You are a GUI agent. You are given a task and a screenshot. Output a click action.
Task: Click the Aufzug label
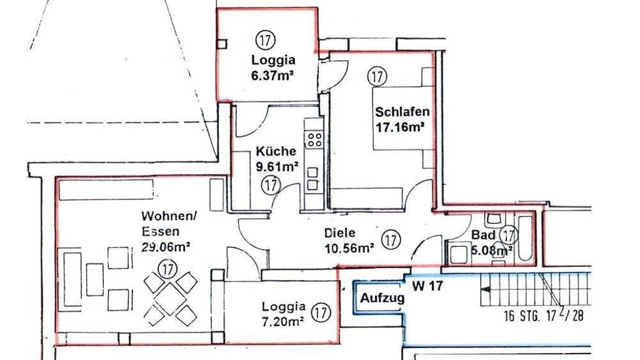[382, 298]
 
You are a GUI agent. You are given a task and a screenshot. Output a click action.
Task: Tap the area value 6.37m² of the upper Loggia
[273, 76]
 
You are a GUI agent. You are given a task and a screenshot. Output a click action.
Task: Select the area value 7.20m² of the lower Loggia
[283, 321]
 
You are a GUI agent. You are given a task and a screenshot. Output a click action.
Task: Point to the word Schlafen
[402, 111]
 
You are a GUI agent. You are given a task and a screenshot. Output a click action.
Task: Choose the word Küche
[276, 151]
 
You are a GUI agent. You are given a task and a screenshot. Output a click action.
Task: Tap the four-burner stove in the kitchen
[315, 139]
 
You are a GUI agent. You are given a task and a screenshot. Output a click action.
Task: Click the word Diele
[339, 233]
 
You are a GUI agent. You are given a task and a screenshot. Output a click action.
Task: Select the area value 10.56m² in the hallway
[349, 247]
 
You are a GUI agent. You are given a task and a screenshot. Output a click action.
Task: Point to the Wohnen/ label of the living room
[169, 216]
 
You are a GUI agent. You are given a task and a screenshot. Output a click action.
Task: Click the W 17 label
[427, 286]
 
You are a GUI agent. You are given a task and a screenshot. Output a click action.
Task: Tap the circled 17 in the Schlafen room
[377, 76]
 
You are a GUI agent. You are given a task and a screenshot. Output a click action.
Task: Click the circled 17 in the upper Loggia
[265, 40]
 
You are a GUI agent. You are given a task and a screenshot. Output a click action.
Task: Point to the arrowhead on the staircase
[484, 290]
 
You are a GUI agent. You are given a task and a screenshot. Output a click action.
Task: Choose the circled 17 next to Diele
[391, 239]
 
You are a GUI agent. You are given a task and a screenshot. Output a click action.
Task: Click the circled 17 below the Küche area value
[271, 185]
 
